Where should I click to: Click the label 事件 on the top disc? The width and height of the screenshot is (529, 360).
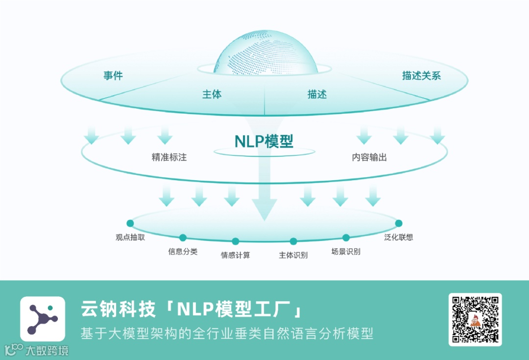113,76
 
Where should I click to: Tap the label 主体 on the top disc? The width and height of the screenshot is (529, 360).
212,95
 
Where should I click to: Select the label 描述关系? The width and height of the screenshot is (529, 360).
421,76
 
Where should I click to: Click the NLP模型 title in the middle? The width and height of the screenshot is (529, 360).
264,141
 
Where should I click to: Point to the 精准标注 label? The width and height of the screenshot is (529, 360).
169,158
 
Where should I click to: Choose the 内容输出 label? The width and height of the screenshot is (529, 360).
369,158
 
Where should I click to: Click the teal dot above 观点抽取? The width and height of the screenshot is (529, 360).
130,223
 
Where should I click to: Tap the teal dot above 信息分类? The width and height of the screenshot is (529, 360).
183,238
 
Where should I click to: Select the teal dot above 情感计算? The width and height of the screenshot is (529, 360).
235,241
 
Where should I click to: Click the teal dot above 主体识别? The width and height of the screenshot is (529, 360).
293,241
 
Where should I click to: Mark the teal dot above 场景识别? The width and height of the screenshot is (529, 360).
346,238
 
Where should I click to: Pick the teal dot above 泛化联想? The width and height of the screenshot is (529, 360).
399,223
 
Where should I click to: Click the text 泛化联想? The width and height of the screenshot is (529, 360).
399,237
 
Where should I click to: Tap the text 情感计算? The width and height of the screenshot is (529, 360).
235,255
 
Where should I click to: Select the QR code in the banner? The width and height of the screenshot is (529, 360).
475,319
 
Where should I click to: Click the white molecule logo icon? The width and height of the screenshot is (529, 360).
43,319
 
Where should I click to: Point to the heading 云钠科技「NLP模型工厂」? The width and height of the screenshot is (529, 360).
191,310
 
